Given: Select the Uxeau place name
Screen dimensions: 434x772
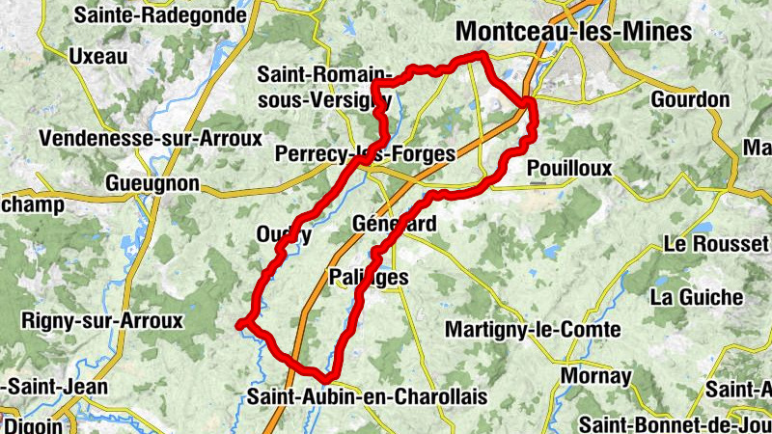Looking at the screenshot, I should pos(98,56).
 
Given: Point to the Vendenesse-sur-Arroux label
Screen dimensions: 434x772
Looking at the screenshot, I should pos(150,138).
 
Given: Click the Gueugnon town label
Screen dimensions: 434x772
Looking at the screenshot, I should pos(153,183).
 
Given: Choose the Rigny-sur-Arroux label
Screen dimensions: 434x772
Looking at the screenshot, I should pos(102,320).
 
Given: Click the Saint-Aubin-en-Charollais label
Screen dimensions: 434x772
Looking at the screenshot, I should pos(367,396).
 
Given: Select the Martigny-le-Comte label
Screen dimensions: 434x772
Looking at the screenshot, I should pos(532,330).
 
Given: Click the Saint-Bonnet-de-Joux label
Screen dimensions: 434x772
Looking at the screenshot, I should pos(675,424).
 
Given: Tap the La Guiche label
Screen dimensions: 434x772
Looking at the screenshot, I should pos(697,297).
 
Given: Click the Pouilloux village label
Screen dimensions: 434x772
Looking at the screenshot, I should pos(570,168).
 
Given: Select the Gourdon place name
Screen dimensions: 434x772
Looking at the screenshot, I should pos(690,99).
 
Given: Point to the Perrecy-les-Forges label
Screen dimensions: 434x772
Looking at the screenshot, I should pos(356,153).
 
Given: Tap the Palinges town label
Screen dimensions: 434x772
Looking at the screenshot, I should pos(368,278).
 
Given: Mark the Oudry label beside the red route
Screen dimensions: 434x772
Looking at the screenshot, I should pos(284,233).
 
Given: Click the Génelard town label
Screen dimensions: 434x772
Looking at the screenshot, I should pos(395,224).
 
